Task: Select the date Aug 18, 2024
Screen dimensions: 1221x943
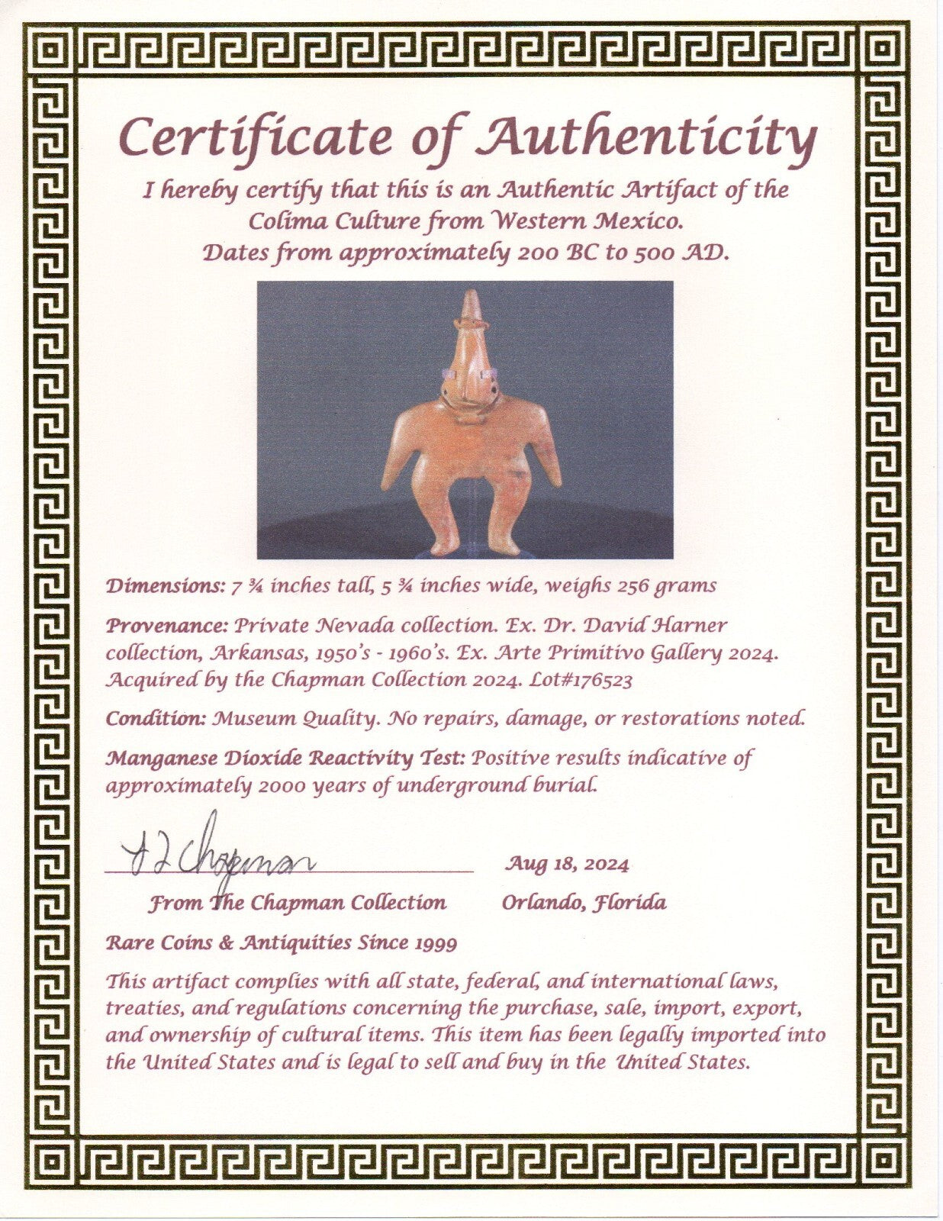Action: [567, 864]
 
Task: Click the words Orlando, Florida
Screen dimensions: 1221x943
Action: [584, 903]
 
